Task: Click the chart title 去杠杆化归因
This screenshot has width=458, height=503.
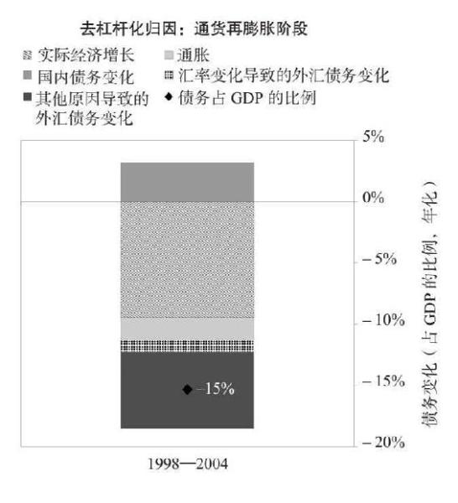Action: click(x=128, y=29)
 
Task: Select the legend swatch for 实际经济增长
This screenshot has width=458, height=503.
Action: click(x=28, y=55)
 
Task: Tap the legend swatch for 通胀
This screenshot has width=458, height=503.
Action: click(x=169, y=55)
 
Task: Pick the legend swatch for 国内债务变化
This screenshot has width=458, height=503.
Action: click(x=28, y=75)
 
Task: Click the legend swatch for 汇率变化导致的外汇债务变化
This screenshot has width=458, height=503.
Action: click(x=169, y=75)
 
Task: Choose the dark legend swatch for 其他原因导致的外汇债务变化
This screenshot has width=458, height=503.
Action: click(x=28, y=96)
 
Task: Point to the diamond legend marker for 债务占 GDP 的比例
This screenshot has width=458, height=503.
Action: click(x=169, y=96)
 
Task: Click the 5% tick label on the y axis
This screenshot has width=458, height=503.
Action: click(x=373, y=137)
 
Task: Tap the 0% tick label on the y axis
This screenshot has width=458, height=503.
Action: click(x=373, y=197)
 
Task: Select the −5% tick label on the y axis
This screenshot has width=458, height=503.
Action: click(x=379, y=258)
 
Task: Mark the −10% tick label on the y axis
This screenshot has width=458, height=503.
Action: click(x=383, y=319)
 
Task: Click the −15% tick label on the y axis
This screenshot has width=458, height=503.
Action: click(x=383, y=381)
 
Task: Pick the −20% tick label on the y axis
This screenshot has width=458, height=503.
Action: click(x=383, y=443)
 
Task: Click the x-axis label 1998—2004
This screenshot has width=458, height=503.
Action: click(x=188, y=464)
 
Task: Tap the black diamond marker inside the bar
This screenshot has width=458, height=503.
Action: click(x=187, y=390)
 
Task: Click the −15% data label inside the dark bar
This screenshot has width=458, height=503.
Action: click(x=216, y=389)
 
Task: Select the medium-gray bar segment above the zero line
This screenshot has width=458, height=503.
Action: click(x=187, y=182)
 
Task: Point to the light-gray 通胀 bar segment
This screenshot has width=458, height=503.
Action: click(x=187, y=329)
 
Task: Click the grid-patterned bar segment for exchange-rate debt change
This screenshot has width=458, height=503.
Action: click(x=187, y=345)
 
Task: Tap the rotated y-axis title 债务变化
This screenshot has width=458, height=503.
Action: click(x=429, y=395)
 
